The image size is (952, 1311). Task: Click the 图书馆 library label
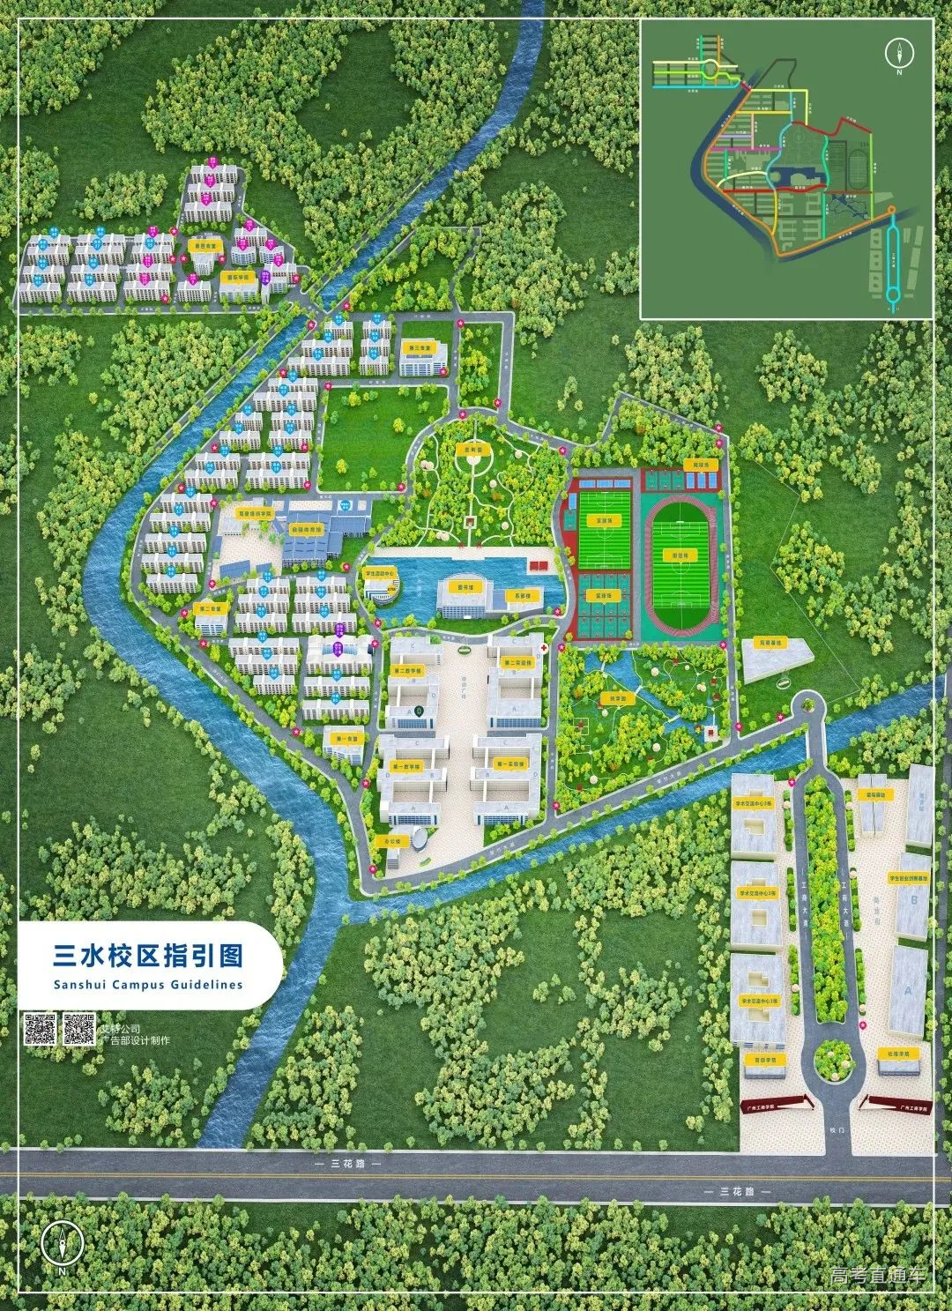point(465,586)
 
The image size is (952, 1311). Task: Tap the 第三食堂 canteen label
point(417,348)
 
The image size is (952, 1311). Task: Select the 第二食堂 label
point(210,608)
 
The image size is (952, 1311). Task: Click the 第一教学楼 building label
point(406,767)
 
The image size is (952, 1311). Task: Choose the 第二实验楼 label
point(517,662)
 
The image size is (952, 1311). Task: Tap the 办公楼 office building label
point(391,841)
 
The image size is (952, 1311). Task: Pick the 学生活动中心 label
point(381,572)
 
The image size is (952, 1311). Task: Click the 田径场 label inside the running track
point(679,555)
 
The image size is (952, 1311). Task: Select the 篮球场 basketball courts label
point(603,596)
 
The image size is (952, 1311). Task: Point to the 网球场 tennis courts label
point(702,464)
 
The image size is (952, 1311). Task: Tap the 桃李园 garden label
point(618,698)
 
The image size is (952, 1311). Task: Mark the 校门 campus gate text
point(837,1129)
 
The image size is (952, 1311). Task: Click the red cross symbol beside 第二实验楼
point(546,648)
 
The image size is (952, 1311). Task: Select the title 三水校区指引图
point(148,956)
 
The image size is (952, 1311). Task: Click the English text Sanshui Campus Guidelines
point(147,985)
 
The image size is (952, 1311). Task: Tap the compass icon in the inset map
point(899,54)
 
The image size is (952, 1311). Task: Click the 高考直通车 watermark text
point(878,1275)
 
